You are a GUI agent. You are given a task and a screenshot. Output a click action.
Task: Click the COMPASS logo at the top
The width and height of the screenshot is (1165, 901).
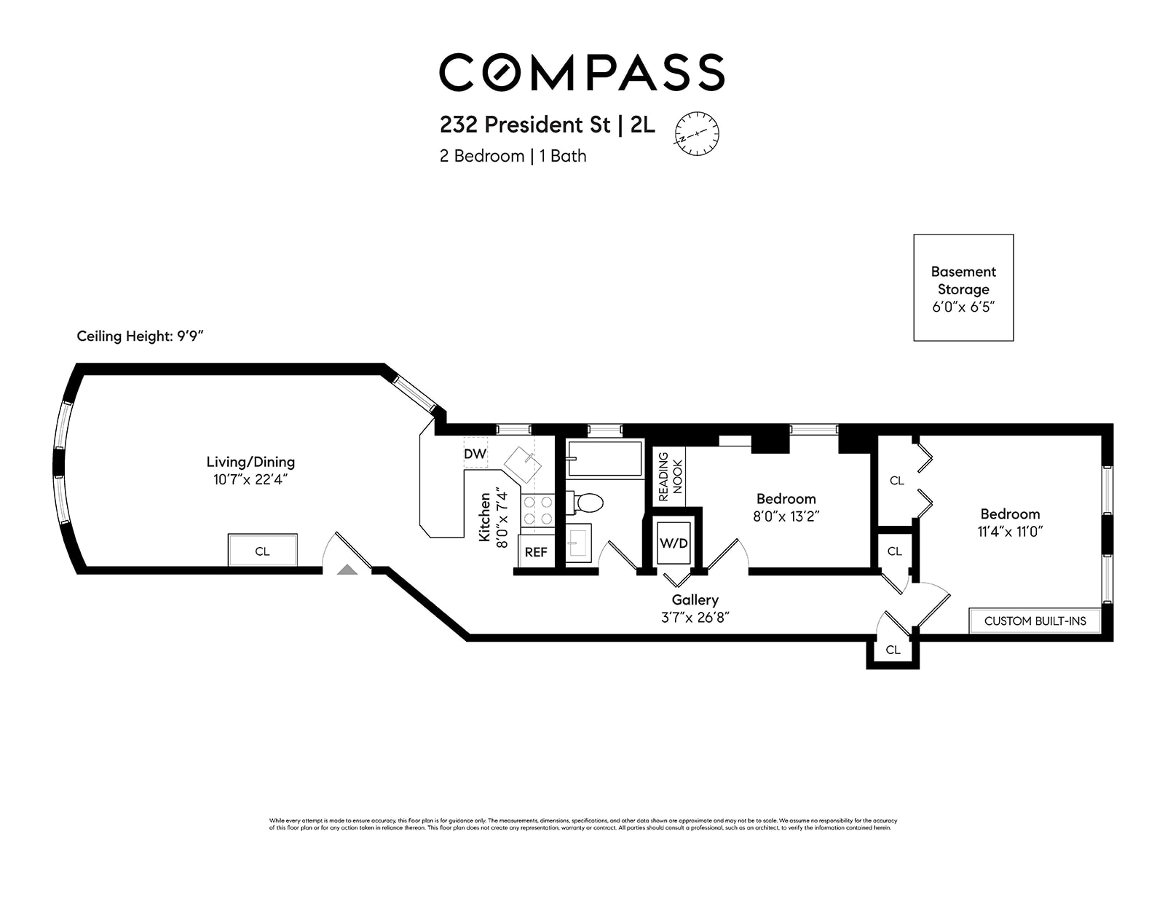click(x=581, y=72)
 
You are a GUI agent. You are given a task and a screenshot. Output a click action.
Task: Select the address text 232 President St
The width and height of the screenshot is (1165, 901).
click(x=524, y=125)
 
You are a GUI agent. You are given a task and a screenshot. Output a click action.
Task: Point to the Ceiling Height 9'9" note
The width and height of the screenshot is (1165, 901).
click(x=144, y=337)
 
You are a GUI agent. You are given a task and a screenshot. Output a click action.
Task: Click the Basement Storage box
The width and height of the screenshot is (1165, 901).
click(x=963, y=288)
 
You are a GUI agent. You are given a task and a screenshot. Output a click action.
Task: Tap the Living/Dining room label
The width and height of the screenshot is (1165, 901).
click(x=250, y=462)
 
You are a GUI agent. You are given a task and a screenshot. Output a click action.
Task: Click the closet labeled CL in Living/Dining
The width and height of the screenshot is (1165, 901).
click(x=262, y=551)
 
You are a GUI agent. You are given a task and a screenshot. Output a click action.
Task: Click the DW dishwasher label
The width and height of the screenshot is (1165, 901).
click(x=475, y=454)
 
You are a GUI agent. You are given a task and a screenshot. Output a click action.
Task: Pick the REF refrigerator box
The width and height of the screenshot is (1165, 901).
click(x=536, y=552)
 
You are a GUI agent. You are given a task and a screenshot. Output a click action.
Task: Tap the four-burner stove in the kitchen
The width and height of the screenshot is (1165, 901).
click(x=537, y=510)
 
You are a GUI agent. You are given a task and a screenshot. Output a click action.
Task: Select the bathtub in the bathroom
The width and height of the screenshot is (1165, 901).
click(x=605, y=459)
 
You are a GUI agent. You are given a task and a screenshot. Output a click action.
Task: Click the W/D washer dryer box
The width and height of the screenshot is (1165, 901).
click(x=674, y=543)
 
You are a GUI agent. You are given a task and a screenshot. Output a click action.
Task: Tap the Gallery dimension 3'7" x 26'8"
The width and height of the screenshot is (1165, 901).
click(x=695, y=617)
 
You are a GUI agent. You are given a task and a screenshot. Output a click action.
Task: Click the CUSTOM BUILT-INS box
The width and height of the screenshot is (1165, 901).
click(x=1035, y=621)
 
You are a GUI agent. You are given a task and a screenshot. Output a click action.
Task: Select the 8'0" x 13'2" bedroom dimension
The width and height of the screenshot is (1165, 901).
click(x=786, y=516)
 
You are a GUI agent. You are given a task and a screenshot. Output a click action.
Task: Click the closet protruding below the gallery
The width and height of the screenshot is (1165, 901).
click(x=893, y=650)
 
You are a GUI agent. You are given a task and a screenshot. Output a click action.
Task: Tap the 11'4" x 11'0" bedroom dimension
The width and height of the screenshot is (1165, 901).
click(x=1010, y=532)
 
